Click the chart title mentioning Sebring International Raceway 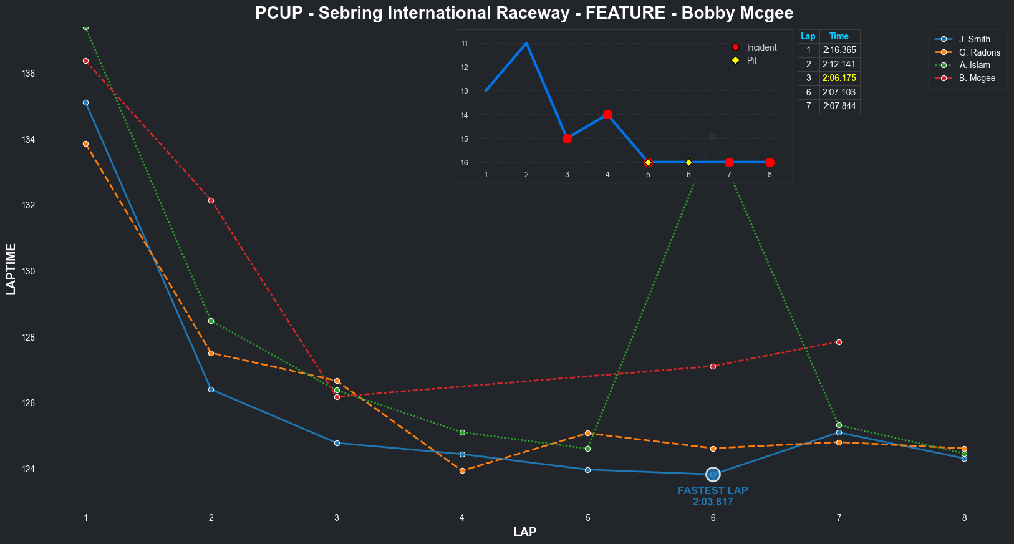(524, 13)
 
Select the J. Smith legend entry (974, 39)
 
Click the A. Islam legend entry (974, 65)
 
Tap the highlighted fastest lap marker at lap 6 (713, 475)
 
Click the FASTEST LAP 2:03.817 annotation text (713, 497)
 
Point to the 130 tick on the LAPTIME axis (28, 271)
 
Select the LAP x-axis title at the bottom (524, 532)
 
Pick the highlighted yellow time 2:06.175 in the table (839, 79)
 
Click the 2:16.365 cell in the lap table (839, 50)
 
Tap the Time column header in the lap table (839, 36)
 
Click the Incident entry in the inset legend (761, 47)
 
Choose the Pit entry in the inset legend (751, 61)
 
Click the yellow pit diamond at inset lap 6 (688, 163)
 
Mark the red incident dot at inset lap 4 (607, 115)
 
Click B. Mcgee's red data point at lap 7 (839, 342)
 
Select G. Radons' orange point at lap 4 (462, 470)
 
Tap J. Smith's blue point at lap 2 (211, 389)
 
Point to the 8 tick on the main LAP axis (964, 518)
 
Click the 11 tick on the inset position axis (465, 44)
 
